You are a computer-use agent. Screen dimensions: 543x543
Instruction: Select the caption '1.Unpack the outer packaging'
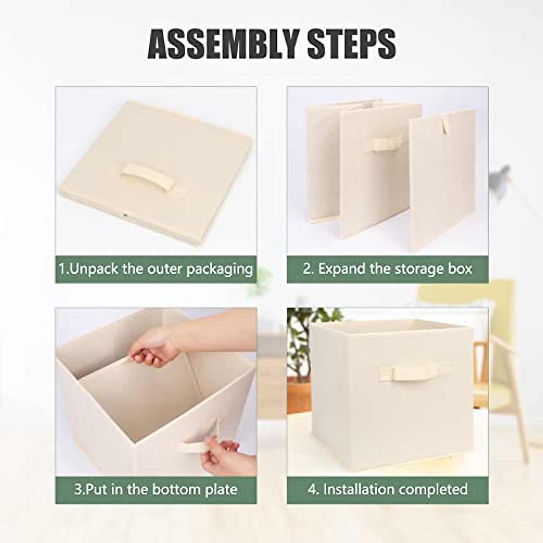click(x=156, y=269)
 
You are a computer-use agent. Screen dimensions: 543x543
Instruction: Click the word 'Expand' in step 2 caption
click(x=342, y=269)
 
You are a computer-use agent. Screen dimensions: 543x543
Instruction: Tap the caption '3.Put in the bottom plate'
click(x=156, y=490)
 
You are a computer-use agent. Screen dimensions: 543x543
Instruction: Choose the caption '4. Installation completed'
click(x=387, y=490)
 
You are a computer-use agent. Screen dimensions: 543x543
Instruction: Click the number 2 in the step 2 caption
click(x=307, y=269)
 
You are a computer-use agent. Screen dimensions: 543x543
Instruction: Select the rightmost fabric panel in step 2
click(x=441, y=181)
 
